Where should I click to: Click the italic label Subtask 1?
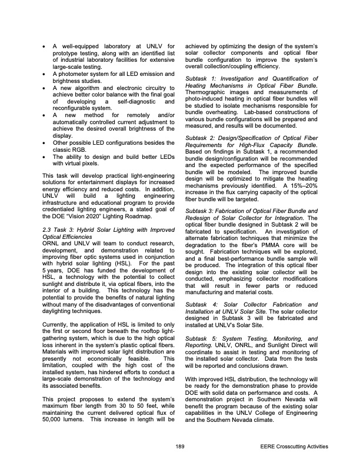coord(202,78)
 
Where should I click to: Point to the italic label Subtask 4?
coord(202,304)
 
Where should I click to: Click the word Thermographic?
coord(206,93)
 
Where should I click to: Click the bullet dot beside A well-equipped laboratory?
coord(38,46)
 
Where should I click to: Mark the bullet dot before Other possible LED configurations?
coord(38,159)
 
